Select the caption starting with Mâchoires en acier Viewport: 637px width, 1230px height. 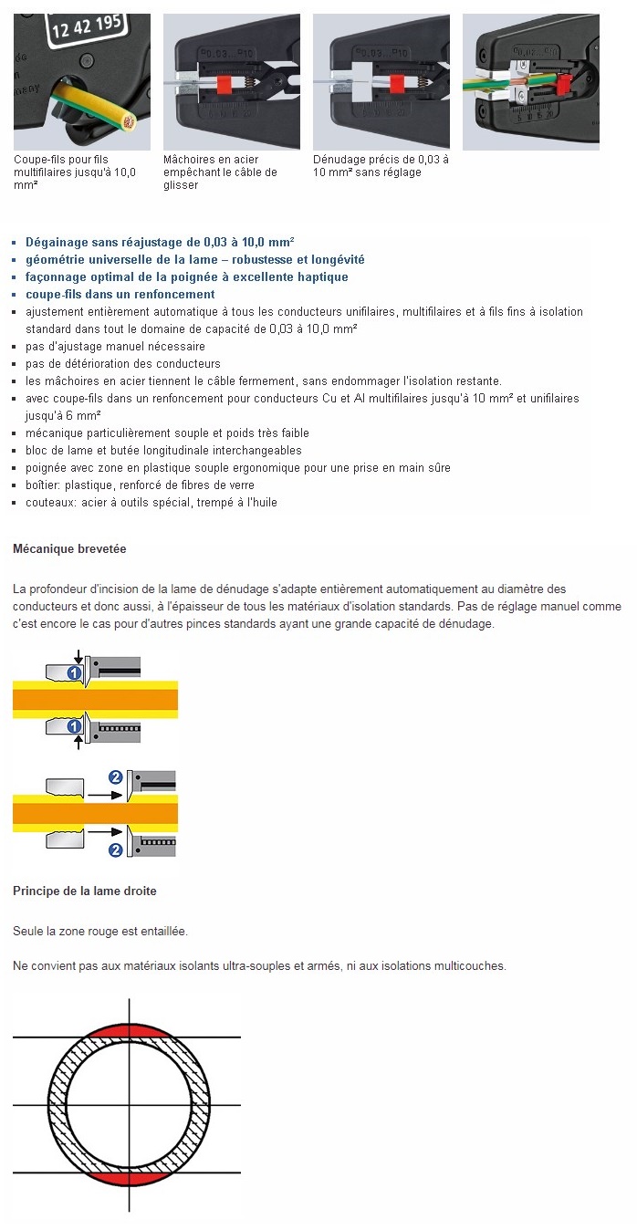[220, 172]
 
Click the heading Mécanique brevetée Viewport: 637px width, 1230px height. [69, 549]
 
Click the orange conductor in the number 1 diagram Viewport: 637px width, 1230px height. [95, 700]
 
